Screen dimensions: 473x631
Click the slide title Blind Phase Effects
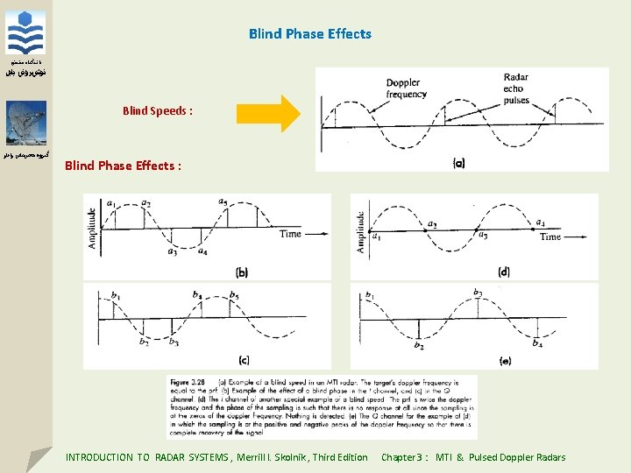pyautogui.click(x=309, y=34)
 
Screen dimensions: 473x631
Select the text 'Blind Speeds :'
pyautogui.click(x=158, y=111)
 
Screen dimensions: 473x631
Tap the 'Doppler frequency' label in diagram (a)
pyautogui.click(x=407, y=88)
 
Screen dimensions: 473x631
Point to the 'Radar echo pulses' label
pyautogui.click(x=516, y=88)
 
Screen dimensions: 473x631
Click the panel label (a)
pyautogui.click(x=458, y=163)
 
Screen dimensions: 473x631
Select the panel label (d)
pyautogui.click(x=503, y=272)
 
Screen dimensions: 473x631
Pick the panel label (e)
pyautogui.click(x=505, y=360)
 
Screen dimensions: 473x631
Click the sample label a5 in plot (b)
pyautogui.click(x=223, y=202)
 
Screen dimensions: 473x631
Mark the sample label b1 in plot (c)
pyautogui.click(x=116, y=296)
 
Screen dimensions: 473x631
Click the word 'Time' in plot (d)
pyautogui.click(x=550, y=236)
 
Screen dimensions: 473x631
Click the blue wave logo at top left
pyautogui.click(x=25, y=33)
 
